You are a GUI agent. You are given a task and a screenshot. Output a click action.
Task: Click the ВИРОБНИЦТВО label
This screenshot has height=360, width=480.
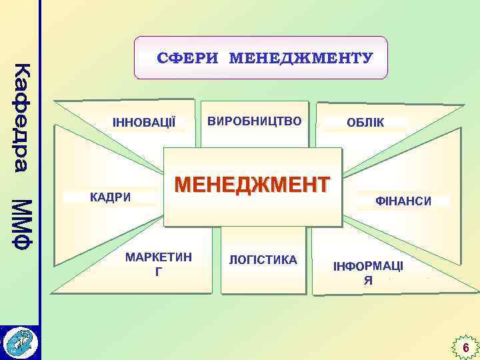(x=255, y=121)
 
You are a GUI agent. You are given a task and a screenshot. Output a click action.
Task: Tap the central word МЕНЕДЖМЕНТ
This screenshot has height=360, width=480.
(x=252, y=184)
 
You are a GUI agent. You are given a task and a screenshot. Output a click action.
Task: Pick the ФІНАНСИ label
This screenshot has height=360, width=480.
(x=404, y=200)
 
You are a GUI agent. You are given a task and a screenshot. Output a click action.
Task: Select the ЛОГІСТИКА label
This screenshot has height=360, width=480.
(x=263, y=259)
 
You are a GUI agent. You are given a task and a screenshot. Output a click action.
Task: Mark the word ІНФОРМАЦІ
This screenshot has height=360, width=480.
(x=368, y=266)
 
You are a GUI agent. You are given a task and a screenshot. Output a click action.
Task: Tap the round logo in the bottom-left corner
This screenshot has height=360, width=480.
(x=20, y=343)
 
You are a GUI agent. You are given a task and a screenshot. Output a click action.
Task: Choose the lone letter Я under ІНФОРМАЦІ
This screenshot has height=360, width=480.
(x=368, y=281)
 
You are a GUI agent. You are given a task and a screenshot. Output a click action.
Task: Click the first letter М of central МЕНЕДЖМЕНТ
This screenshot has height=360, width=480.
(x=183, y=184)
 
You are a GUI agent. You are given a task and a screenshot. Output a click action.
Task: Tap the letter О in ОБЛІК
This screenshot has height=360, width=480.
(x=351, y=123)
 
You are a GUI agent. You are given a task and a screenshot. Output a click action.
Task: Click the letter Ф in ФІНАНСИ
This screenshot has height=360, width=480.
(x=381, y=200)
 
